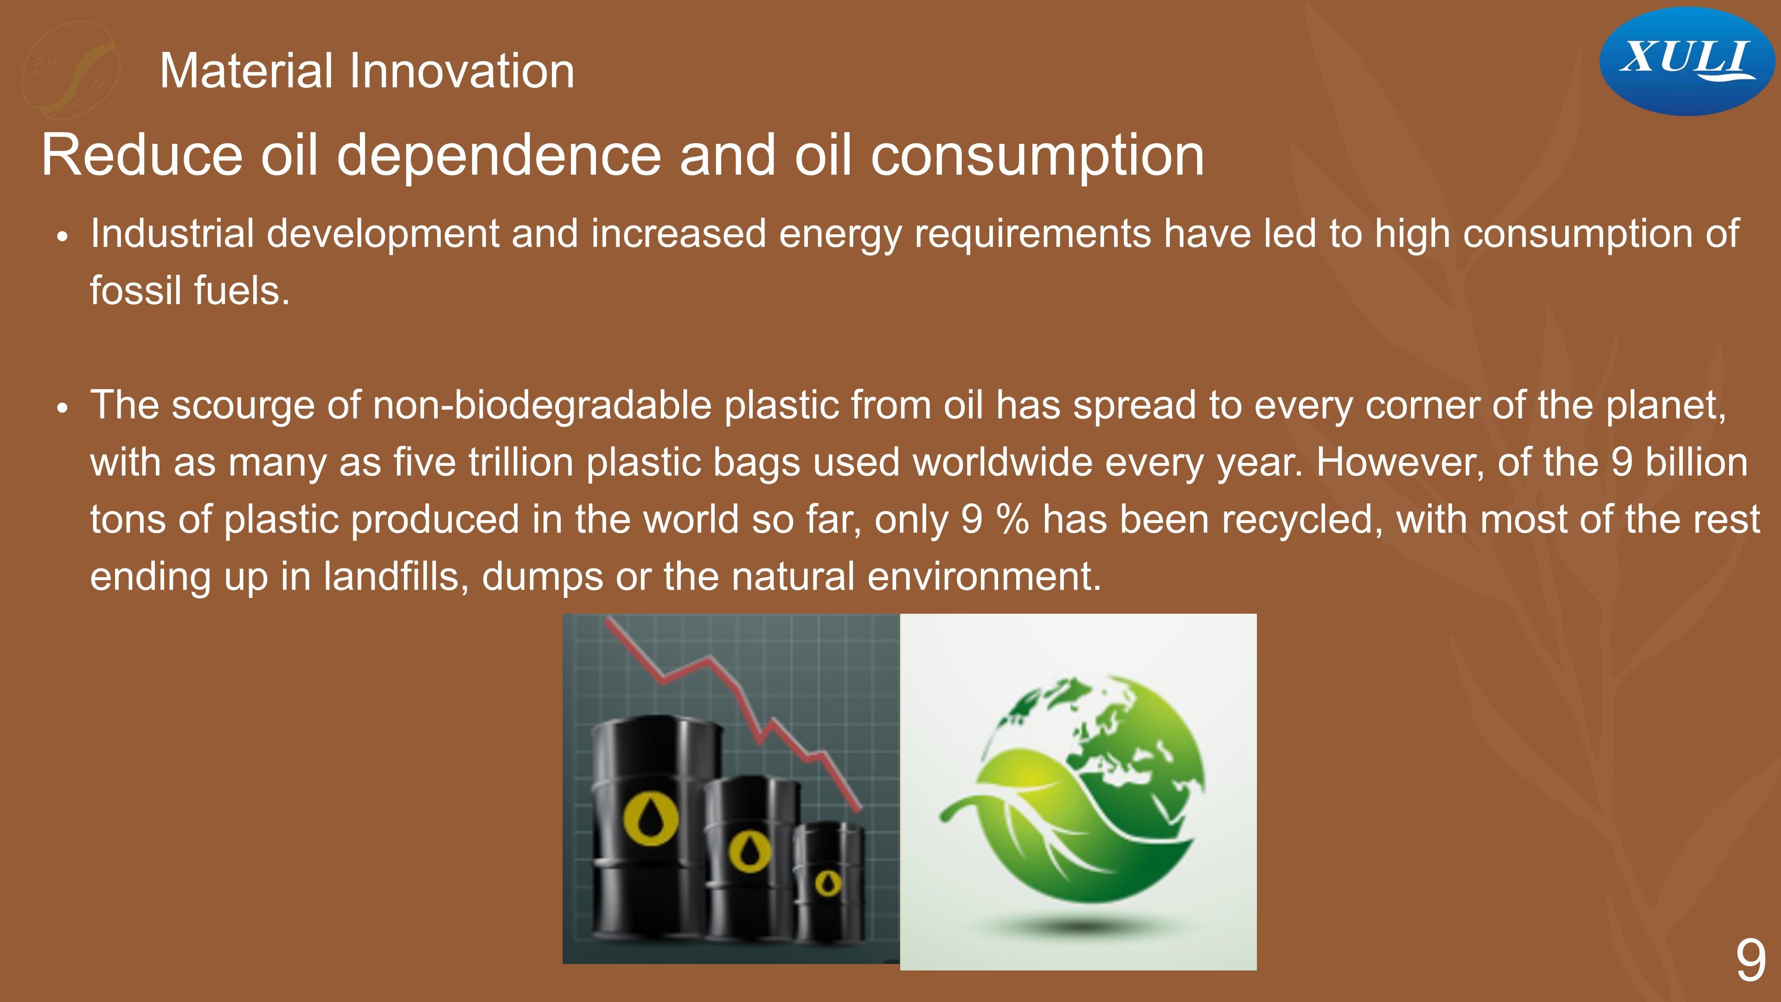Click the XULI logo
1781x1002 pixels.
[1687, 61]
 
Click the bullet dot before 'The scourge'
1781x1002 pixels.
[63, 408]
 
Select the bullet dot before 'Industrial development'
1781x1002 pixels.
[63, 237]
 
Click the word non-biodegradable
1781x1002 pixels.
[542, 405]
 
